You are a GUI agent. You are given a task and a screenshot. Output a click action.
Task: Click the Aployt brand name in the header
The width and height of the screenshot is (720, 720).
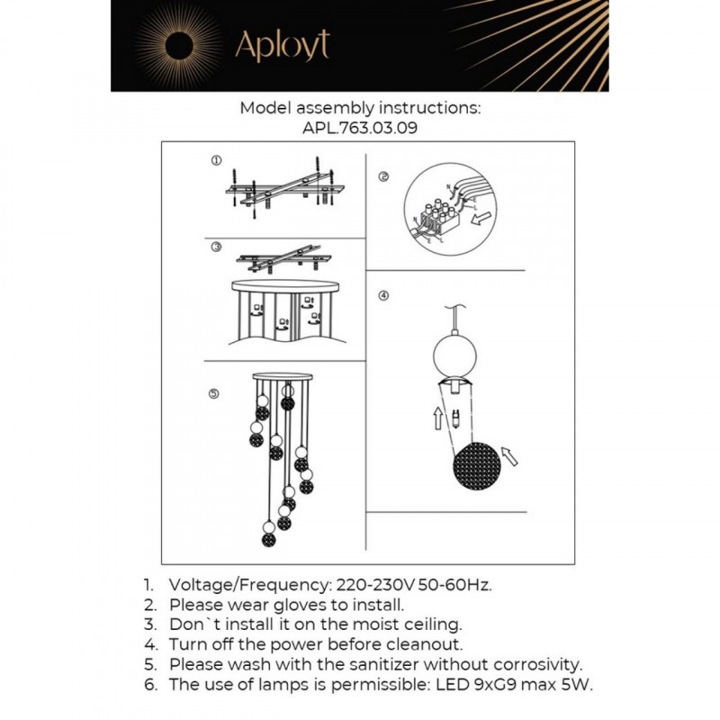coord(281,45)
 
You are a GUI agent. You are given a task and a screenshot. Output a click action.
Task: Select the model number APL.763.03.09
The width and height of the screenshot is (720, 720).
coord(360,128)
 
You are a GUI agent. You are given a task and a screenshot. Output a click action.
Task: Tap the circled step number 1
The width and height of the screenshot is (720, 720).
coord(216,161)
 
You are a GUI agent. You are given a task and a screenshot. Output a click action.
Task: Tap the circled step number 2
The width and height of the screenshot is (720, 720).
coord(383,177)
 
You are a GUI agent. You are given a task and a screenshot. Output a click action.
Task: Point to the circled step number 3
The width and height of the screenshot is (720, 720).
coord(216,247)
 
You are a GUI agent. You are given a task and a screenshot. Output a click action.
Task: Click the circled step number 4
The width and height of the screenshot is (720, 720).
coord(383,295)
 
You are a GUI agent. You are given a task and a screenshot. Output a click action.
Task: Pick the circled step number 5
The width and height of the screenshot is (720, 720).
coord(213,393)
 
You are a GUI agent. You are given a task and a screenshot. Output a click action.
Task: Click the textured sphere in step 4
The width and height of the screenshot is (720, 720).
coord(476,468)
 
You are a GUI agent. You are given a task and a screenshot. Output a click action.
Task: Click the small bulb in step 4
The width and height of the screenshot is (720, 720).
coord(457,418)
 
